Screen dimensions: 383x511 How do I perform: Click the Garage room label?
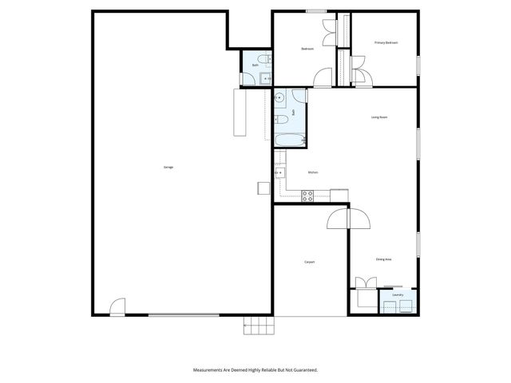click(x=168, y=167)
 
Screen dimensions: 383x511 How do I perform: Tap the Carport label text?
click(x=309, y=262)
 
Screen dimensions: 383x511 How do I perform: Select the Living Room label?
click(x=378, y=117)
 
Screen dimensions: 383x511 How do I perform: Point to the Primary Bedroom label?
click(x=386, y=42)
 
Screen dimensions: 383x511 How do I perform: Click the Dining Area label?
click(x=383, y=259)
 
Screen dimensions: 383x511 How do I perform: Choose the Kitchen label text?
click(x=314, y=172)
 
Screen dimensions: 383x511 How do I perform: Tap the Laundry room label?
click(x=398, y=295)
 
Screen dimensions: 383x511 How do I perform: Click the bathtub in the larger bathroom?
click(x=289, y=141)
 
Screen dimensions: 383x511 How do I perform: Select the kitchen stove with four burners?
click(x=307, y=195)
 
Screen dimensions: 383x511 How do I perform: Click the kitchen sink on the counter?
click(x=279, y=172)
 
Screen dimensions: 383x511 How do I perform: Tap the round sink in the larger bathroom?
click(x=280, y=99)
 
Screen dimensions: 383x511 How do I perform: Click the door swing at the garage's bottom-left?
click(x=117, y=307)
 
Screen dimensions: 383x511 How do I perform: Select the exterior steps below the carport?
click(x=259, y=325)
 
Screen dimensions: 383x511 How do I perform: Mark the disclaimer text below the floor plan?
click(x=255, y=369)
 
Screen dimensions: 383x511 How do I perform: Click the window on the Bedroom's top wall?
click(x=316, y=11)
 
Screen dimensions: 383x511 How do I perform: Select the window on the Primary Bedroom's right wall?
click(x=418, y=64)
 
